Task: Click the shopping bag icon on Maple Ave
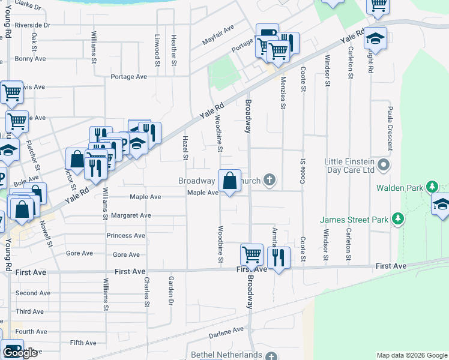coord(230,181)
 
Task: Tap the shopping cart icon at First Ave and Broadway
coord(252,254)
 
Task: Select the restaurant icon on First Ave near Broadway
coord(279,258)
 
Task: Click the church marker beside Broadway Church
coord(270,179)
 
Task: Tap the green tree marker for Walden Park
coord(431,187)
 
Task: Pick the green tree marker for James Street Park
coord(396,220)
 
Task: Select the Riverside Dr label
coord(34,26)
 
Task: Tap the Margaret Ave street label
coord(129,215)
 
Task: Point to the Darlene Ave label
coord(226,330)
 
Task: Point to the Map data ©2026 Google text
coord(411,355)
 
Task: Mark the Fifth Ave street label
coord(82,343)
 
